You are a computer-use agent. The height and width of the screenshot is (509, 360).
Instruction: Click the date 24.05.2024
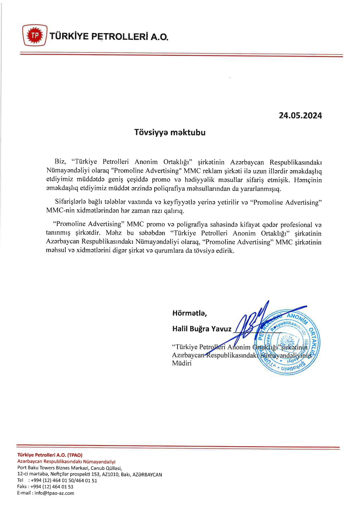(300, 116)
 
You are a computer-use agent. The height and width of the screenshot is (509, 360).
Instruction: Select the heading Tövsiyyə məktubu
(170, 133)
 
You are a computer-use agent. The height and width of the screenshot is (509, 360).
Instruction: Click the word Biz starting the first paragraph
(60, 162)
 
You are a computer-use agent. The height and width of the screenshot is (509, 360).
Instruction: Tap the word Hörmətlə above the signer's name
(189, 313)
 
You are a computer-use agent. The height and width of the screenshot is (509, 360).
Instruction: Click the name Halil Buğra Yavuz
(202, 329)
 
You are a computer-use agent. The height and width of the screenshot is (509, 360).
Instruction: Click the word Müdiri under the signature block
(182, 363)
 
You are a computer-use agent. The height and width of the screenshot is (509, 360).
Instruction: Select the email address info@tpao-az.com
(54, 493)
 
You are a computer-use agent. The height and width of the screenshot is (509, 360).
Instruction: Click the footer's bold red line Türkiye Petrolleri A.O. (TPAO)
(50, 455)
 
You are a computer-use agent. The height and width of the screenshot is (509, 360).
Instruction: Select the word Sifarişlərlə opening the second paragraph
(69, 202)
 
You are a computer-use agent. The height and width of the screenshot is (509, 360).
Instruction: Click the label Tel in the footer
(20, 480)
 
